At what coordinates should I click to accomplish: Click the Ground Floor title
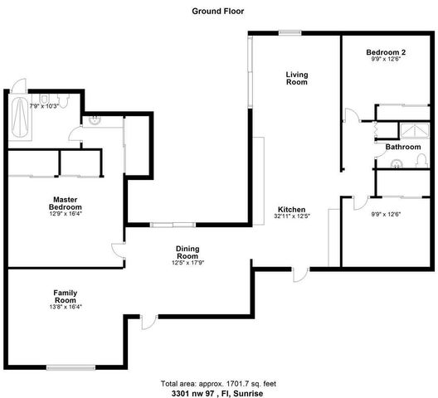click(x=219, y=12)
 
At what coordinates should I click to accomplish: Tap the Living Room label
click(x=296, y=79)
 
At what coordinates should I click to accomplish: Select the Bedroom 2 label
click(x=385, y=52)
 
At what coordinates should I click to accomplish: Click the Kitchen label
click(x=292, y=209)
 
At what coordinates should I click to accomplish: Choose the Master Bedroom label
click(x=65, y=203)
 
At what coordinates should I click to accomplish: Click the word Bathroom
click(x=402, y=147)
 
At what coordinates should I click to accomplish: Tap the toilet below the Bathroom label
click(x=397, y=163)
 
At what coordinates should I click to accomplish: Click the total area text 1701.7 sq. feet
click(x=219, y=385)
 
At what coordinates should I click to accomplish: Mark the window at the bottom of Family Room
click(x=71, y=366)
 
